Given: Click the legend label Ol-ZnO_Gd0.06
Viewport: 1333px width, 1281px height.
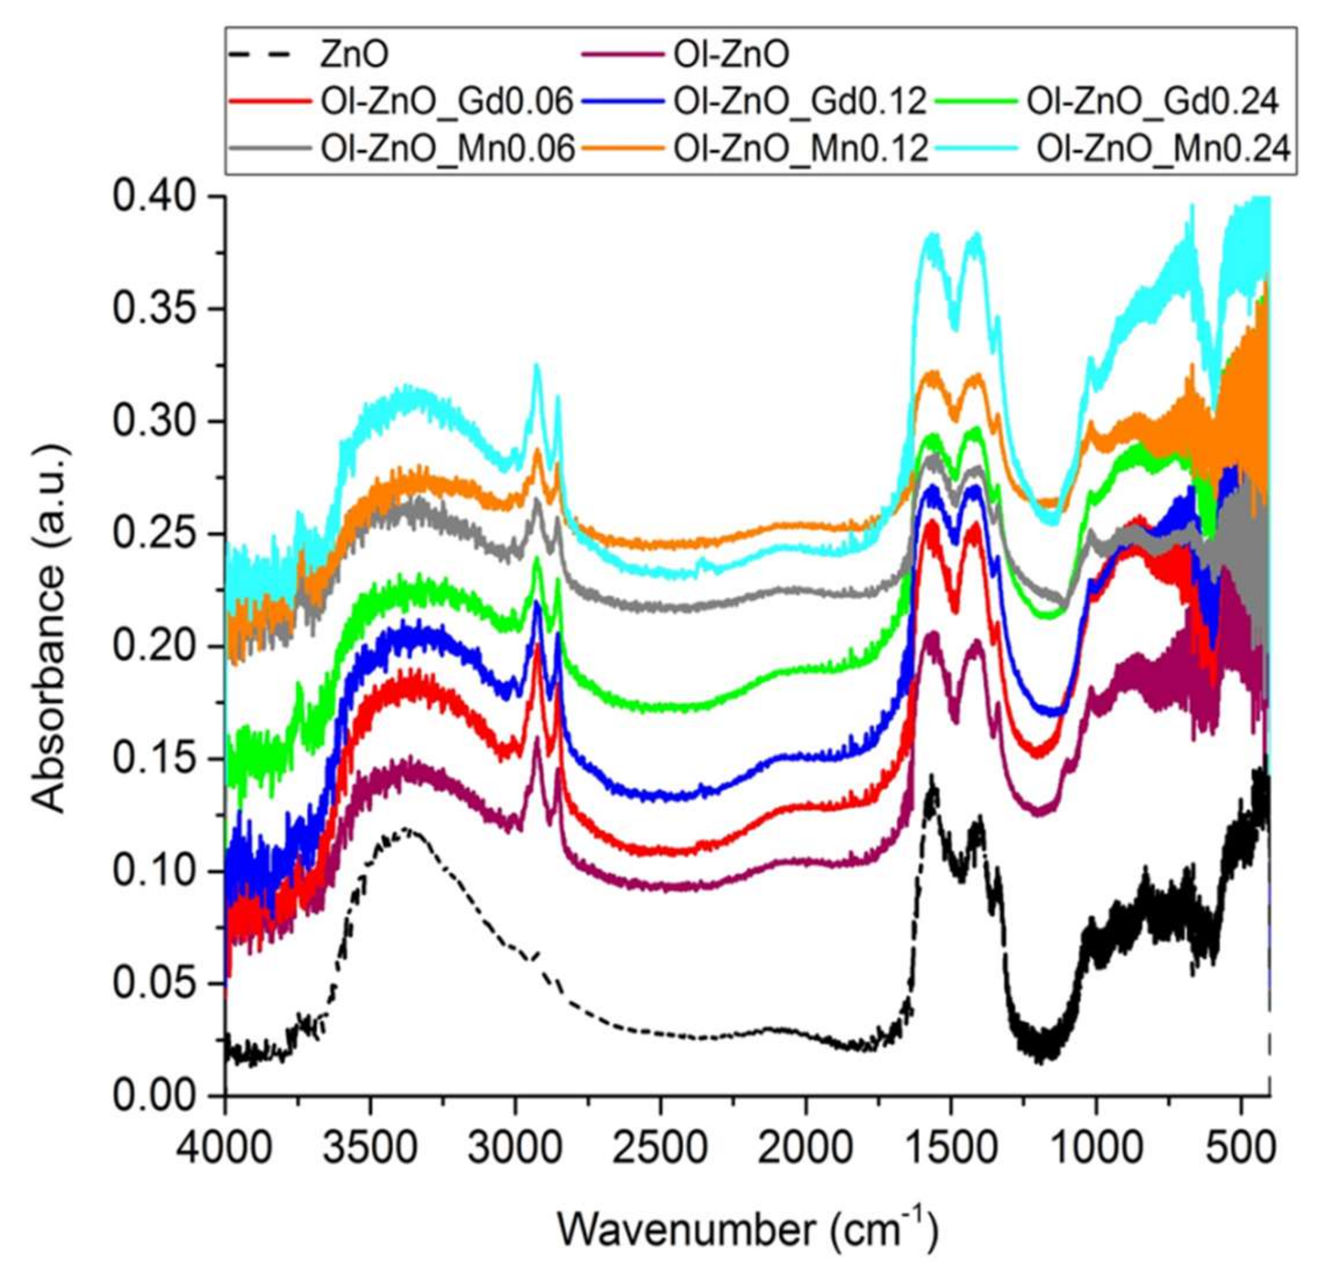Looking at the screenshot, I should point(448,102).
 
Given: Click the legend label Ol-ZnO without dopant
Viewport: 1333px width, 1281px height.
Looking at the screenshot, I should point(731,55).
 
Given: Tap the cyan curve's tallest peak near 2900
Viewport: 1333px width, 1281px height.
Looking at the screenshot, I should point(537,366).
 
